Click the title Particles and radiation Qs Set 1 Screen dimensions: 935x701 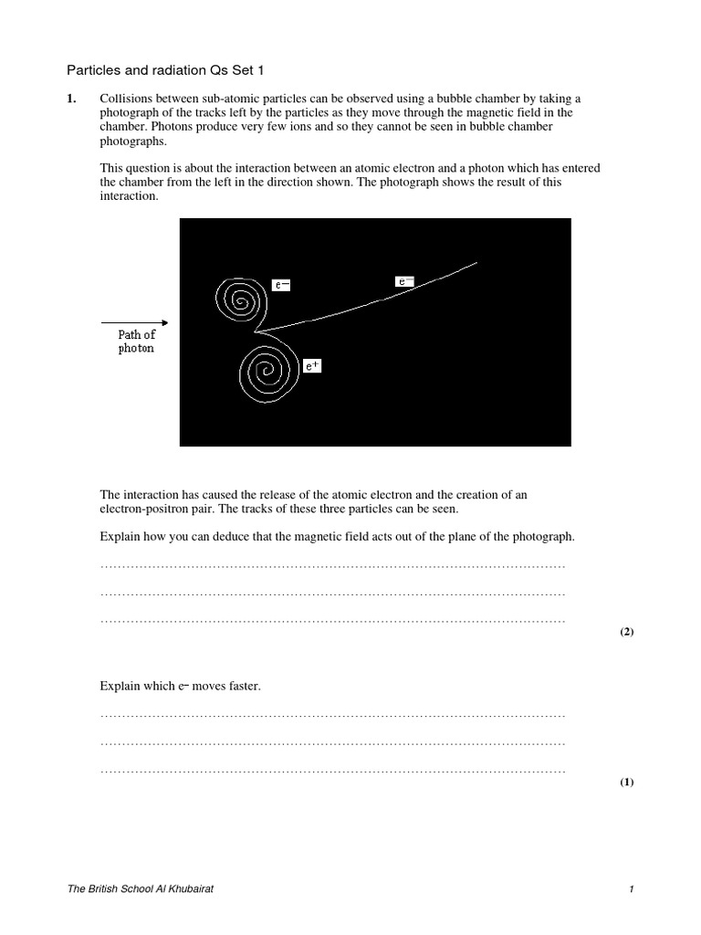point(158,69)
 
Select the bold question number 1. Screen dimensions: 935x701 point(73,99)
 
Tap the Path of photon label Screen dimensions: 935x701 point(136,342)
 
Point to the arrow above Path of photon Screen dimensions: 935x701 point(134,322)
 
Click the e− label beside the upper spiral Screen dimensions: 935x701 point(282,285)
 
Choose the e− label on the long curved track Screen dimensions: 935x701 point(404,282)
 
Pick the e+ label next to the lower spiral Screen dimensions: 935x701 point(312,366)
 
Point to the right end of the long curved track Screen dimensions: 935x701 point(476,263)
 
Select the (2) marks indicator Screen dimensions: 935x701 point(626,632)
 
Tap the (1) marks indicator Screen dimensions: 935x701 point(626,783)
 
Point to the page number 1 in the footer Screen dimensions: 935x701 point(631,889)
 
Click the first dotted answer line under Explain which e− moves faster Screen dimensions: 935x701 point(332,716)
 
